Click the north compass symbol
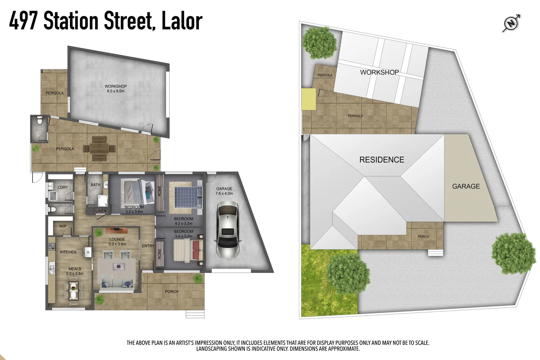click(511, 23)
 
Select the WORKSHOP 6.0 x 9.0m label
click(116, 88)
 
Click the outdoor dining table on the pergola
click(99, 149)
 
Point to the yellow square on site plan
click(308, 99)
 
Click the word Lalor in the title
click(182, 21)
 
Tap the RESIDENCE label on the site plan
click(382, 160)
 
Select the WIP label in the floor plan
click(63, 226)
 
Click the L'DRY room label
click(62, 187)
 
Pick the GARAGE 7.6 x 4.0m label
click(224, 191)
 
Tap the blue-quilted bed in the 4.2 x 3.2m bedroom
click(186, 197)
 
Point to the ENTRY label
click(148, 246)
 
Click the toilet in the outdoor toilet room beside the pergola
click(40, 121)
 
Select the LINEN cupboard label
click(101, 211)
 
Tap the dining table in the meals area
click(74, 290)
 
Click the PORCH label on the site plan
click(423, 236)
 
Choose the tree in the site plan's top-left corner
click(319, 42)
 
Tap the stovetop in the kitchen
click(52, 247)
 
